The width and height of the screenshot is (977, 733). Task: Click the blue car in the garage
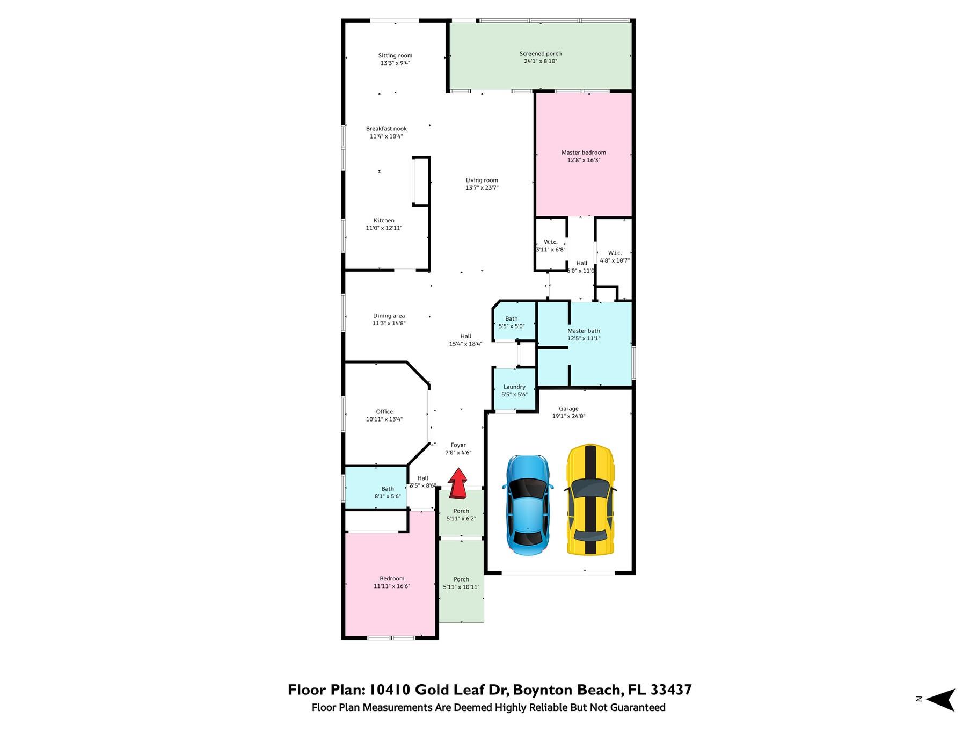coord(527,505)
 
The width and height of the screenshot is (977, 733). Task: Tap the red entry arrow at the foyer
coord(458,483)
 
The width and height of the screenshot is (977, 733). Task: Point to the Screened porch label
coord(541,54)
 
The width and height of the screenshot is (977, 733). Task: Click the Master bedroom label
coord(584,153)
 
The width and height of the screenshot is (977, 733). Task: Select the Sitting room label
coord(395,55)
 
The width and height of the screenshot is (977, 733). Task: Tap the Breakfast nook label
coord(387,129)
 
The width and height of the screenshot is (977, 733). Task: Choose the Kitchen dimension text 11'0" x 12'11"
coord(384,228)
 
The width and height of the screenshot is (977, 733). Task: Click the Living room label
coord(482,180)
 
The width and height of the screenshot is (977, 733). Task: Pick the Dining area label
coord(389,316)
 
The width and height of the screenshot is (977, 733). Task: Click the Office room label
coord(384,412)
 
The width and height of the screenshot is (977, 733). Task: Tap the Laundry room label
coord(514,387)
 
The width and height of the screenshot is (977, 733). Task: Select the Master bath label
coord(584,331)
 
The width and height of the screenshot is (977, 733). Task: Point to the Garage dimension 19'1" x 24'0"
coord(568,416)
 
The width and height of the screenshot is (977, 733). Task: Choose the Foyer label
coord(458,445)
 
